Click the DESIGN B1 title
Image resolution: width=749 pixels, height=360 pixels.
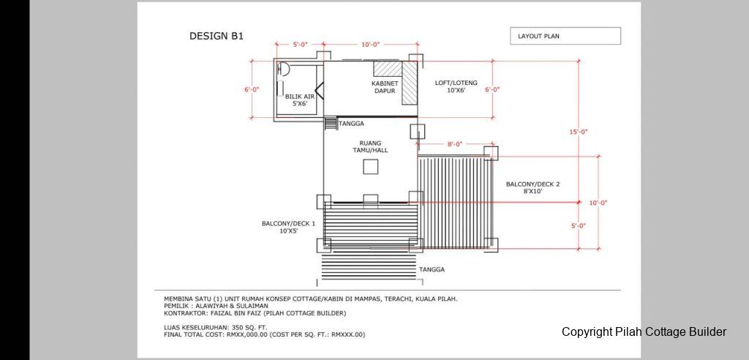[217, 37]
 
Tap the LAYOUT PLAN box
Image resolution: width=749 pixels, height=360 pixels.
[565, 36]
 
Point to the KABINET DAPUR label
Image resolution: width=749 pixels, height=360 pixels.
[385, 87]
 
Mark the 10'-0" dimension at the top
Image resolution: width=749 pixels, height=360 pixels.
[370, 45]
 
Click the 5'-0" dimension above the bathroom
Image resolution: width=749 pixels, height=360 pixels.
[300, 45]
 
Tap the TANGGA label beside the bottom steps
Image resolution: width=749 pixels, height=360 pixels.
[432, 270]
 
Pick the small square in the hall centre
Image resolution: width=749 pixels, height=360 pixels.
[371, 167]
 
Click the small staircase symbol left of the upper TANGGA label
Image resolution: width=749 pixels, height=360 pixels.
[330, 124]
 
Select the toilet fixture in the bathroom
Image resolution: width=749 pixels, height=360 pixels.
[283, 70]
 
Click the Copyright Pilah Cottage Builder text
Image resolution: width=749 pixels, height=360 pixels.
[644, 331]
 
